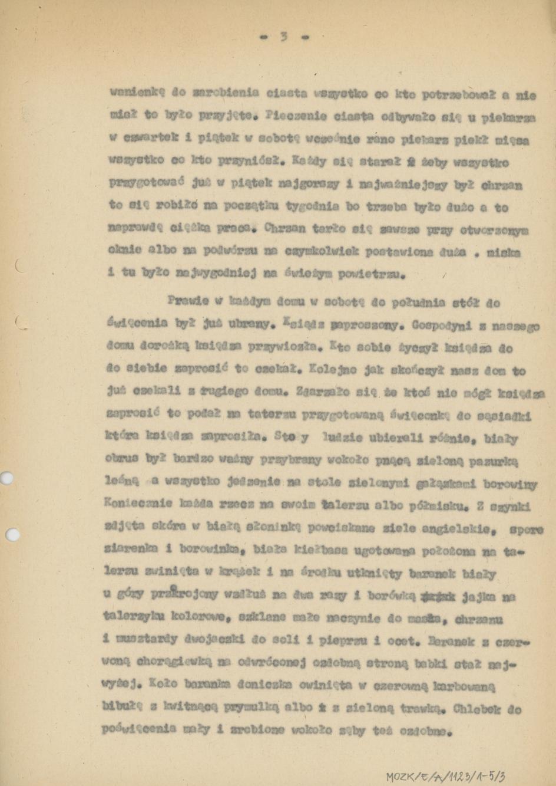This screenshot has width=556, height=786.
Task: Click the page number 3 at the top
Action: [283, 37]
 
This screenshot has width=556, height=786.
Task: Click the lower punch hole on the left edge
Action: [10, 535]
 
